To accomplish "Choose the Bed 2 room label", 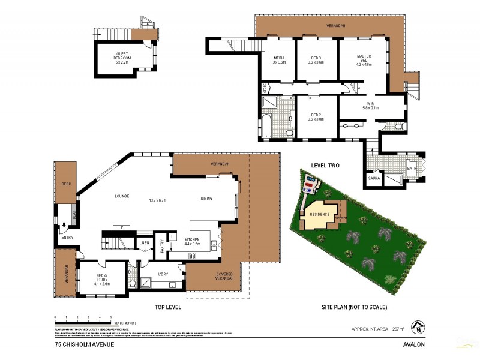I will [x=316, y=116].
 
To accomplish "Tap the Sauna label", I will [x=373, y=178].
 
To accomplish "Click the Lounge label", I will [x=123, y=196].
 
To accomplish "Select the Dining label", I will [x=206, y=198].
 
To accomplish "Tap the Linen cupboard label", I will [x=144, y=242].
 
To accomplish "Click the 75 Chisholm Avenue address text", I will [x=84, y=344].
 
